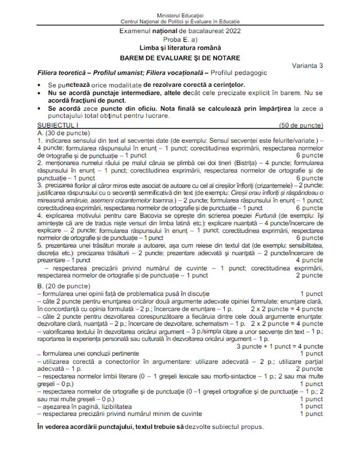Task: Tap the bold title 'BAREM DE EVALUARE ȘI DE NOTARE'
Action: [x=179, y=58]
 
